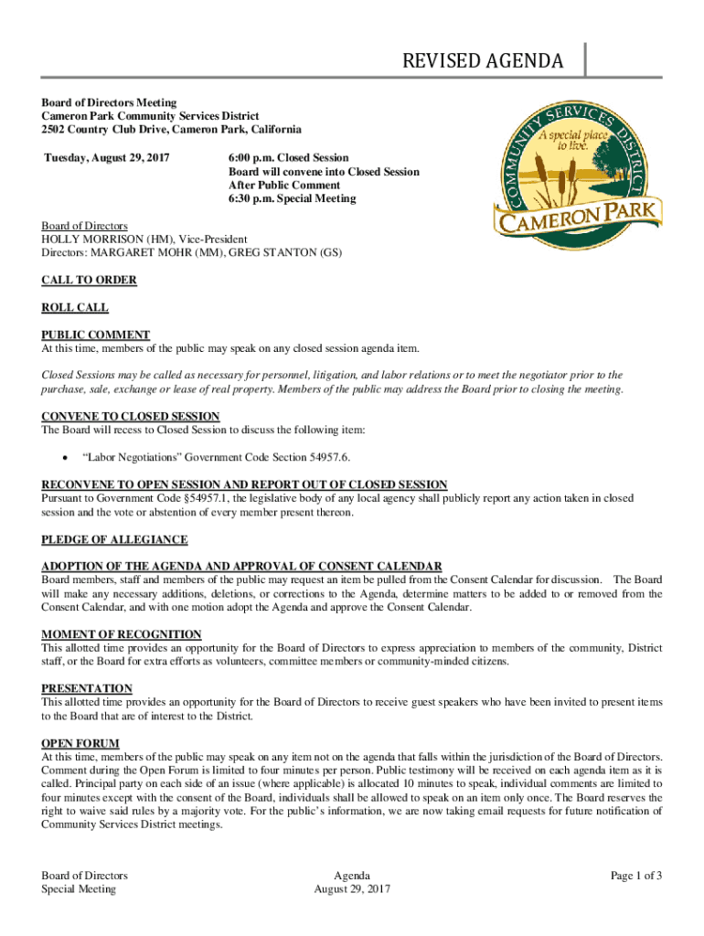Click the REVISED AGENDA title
click(x=484, y=61)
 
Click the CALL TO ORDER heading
click(x=89, y=280)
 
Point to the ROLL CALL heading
click(x=75, y=308)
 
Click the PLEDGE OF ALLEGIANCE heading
click(x=114, y=539)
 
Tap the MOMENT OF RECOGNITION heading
click(x=122, y=634)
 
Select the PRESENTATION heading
click(x=87, y=688)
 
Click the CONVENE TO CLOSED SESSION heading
click(x=131, y=416)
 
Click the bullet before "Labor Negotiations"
click(x=62, y=457)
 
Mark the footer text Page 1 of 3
click(x=636, y=876)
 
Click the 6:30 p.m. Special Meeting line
click(x=292, y=198)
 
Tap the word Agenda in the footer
click(x=352, y=876)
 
